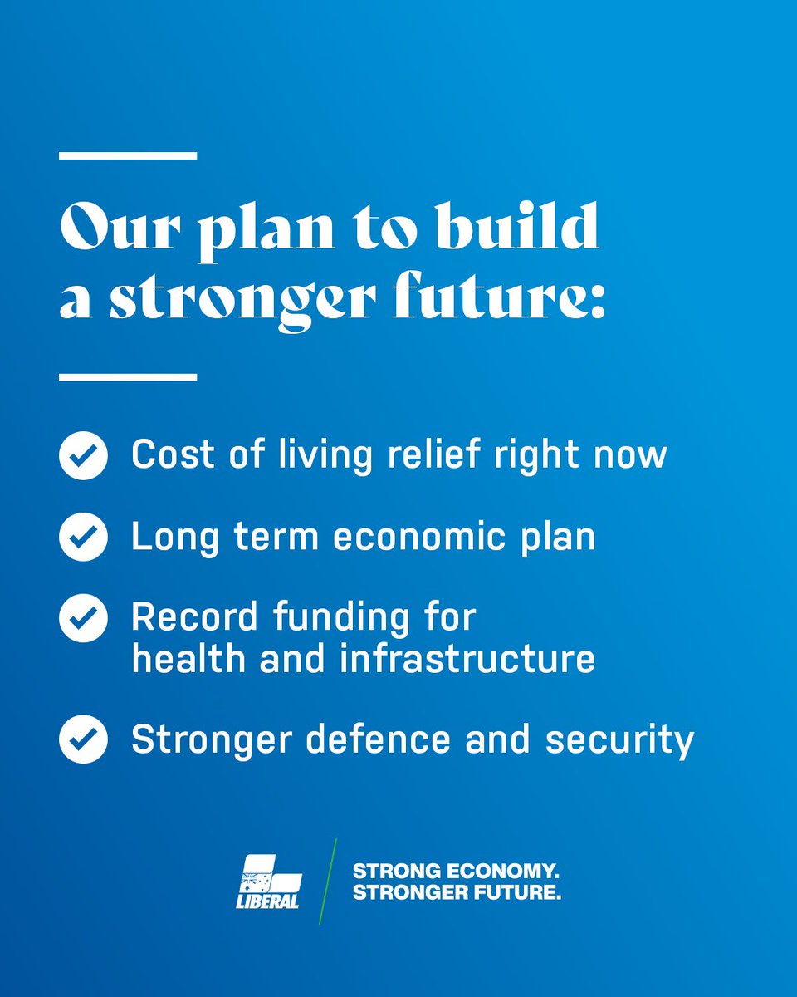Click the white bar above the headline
coord(128,155)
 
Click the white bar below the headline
coord(128,376)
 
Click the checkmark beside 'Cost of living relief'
coord(83,455)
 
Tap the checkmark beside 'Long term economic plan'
coord(83,537)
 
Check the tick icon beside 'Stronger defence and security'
coord(83,739)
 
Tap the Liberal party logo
coord(268,881)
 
